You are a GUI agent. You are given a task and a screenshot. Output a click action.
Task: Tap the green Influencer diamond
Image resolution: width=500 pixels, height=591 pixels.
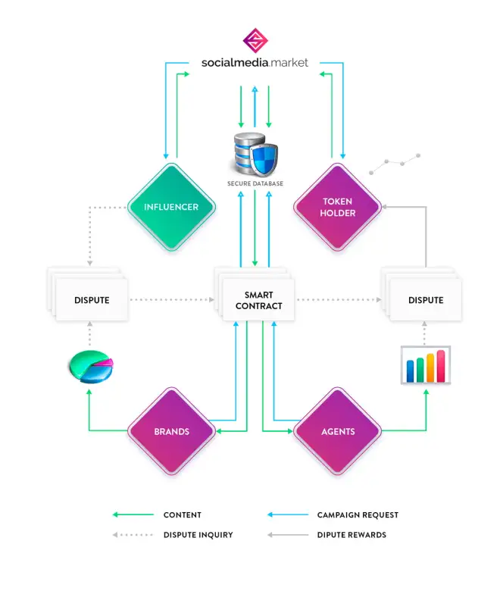pyautogui.click(x=171, y=206)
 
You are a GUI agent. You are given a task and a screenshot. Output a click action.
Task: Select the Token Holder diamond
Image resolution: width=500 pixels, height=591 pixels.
pyautogui.click(x=337, y=207)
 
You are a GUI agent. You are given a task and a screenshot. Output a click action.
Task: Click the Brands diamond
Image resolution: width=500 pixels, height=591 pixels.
pyautogui.click(x=171, y=431)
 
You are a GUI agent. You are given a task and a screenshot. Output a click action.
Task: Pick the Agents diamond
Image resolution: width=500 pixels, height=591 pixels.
pyautogui.click(x=337, y=431)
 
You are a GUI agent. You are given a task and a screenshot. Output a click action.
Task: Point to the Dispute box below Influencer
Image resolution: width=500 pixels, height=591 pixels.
pyautogui.click(x=92, y=300)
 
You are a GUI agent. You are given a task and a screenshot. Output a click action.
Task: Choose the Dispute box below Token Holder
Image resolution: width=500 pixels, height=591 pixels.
pyautogui.click(x=425, y=300)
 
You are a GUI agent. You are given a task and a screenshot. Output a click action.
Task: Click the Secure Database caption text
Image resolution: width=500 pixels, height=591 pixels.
pyautogui.click(x=255, y=184)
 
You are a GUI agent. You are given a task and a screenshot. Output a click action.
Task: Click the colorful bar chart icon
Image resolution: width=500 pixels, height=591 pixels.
pyautogui.click(x=426, y=366)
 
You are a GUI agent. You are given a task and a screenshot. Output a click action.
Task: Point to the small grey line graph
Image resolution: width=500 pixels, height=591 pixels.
pyautogui.click(x=395, y=161)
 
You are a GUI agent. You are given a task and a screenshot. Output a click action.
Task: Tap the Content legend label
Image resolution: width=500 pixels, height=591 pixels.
pyautogui.click(x=182, y=515)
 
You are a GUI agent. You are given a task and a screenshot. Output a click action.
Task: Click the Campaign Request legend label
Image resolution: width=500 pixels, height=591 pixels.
pyautogui.click(x=358, y=515)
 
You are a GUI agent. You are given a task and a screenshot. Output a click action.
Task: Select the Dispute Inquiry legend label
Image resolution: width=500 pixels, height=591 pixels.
pyautogui.click(x=198, y=535)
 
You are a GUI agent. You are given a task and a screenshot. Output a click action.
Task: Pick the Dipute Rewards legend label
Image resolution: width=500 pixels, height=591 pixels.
pyautogui.click(x=352, y=535)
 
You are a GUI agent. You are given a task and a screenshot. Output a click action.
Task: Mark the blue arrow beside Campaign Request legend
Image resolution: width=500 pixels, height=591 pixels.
pyautogui.click(x=286, y=515)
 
